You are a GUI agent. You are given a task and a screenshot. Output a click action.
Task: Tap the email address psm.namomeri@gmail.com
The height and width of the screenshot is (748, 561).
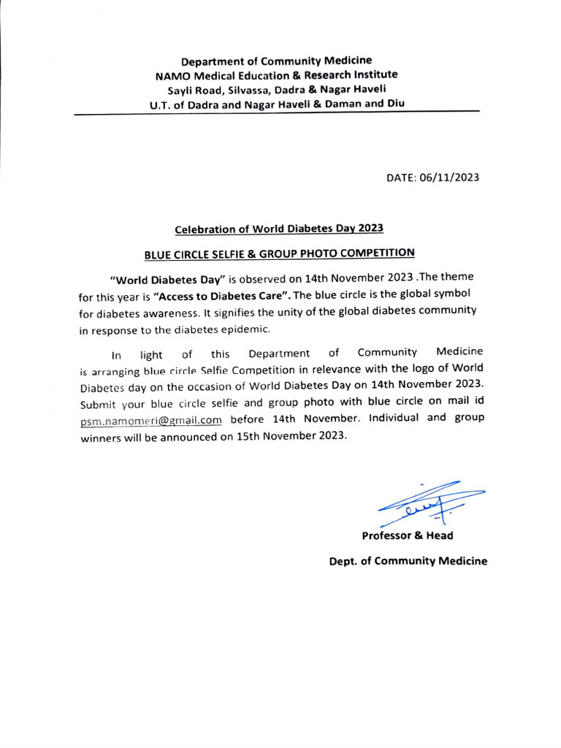150,420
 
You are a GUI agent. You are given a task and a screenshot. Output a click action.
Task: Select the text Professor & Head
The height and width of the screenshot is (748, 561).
407,535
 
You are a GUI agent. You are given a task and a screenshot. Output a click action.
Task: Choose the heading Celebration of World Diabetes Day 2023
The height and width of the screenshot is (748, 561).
279,229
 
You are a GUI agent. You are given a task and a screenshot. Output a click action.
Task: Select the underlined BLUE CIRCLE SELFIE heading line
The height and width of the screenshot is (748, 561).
279,253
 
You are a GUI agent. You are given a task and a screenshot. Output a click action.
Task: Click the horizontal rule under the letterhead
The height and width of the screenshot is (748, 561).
278,113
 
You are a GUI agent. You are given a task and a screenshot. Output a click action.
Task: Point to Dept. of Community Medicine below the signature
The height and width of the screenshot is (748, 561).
408,561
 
